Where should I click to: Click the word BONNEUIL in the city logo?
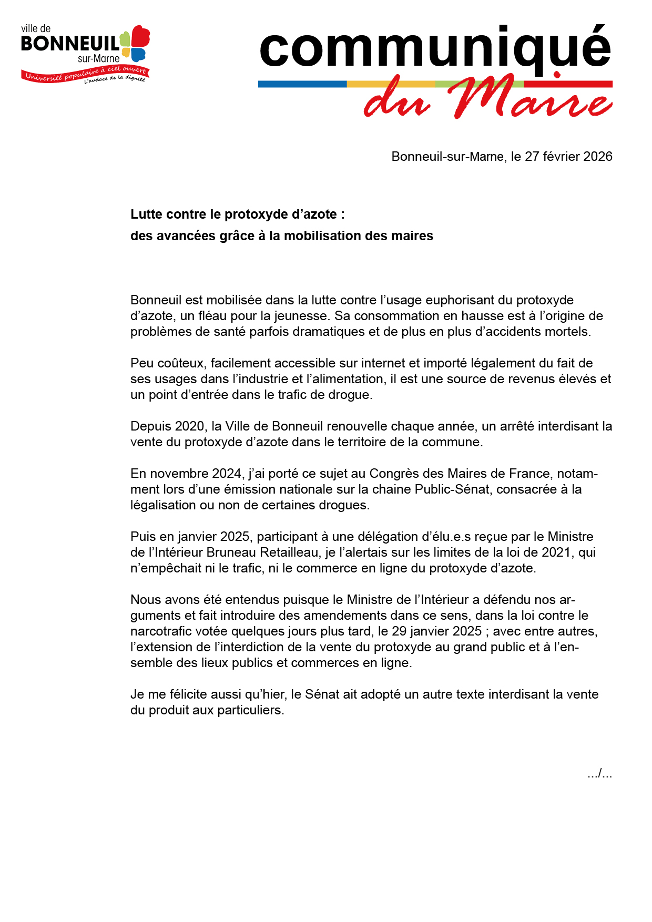(x=70, y=44)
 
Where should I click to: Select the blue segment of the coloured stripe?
(x=302, y=84)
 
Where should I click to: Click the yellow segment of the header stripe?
(x=391, y=84)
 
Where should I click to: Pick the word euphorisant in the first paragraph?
(x=461, y=300)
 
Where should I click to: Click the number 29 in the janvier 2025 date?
(x=399, y=631)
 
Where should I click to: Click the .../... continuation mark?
(x=599, y=774)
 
